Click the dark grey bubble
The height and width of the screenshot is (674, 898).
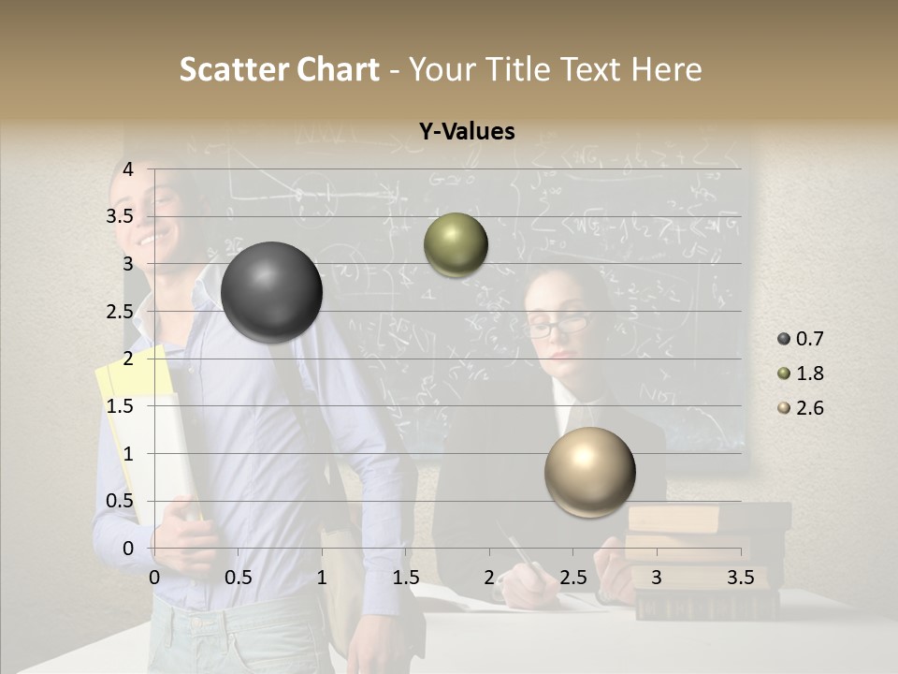tap(271, 292)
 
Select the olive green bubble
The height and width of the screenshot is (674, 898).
tap(456, 244)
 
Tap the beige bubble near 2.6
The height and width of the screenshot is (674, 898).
tap(589, 472)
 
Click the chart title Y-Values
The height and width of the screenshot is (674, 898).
tap(466, 132)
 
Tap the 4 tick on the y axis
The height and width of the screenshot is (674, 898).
tap(128, 169)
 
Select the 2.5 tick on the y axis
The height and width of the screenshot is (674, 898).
tap(120, 312)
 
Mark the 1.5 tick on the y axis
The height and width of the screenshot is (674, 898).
tap(120, 406)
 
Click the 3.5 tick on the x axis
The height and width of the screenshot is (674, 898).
tap(740, 578)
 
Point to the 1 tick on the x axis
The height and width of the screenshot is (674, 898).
tap(322, 578)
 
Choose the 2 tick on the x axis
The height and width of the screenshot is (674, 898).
tap(489, 578)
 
